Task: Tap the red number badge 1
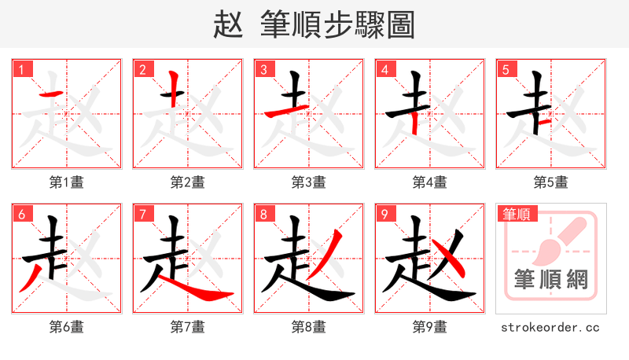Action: pyautogui.click(x=22, y=70)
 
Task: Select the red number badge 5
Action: pyautogui.click(x=506, y=70)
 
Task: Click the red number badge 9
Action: pyautogui.click(x=385, y=215)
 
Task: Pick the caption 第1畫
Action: pyautogui.click(x=67, y=182)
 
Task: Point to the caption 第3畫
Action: pyautogui.click(x=309, y=182)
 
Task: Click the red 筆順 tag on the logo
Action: pyautogui.click(x=515, y=214)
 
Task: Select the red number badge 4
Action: pyautogui.click(x=385, y=70)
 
